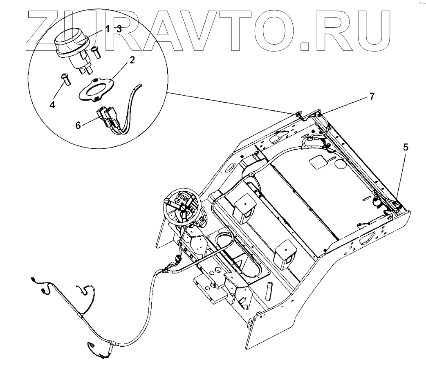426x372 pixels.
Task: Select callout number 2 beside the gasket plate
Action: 132,60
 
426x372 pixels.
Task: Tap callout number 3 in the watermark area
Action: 119,29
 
